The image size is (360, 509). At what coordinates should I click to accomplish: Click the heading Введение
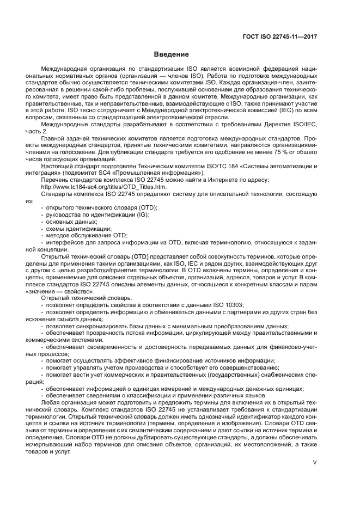[x=171, y=54]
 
